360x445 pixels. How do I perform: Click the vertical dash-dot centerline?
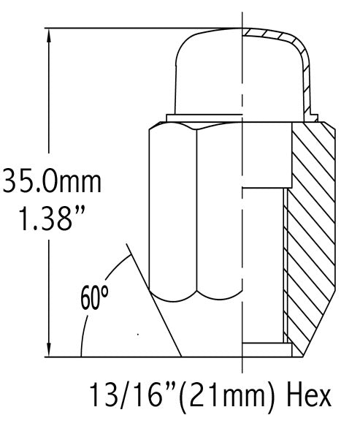[242, 219]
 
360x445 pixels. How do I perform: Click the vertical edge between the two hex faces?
[197, 212]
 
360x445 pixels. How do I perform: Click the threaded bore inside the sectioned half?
[263, 263]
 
